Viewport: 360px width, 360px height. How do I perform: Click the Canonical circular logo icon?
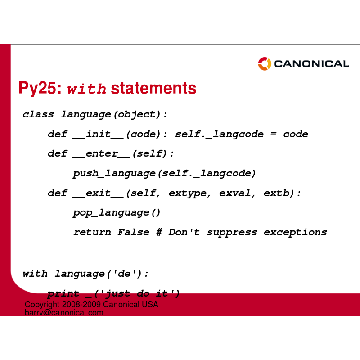click(x=265, y=64)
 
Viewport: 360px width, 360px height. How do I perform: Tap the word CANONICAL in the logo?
click(x=311, y=64)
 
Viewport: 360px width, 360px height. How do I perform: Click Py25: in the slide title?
click(x=40, y=88)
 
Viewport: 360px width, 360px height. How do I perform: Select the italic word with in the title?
click(x=87, y=89)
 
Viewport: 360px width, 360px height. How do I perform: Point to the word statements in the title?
click(x=153, y=88)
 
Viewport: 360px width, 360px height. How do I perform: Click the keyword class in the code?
click(x=38, y=114)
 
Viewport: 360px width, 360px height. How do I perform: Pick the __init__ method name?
click(x=98, y=134)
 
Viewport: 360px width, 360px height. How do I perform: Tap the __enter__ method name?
click(x=101, y=154)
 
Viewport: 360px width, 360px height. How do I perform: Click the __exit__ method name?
click(x=98, y=193)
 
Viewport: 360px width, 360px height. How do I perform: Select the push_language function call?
click(x=114, y=174)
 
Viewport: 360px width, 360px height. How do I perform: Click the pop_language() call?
click(x=117, y=213)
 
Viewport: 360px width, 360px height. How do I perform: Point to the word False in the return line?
click(x=133, y=232)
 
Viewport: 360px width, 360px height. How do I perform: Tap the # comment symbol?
click(x=159, y=232)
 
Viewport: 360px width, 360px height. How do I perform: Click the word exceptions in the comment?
click(x=295, y=233)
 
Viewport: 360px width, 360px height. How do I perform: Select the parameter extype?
click(x=188, y=193)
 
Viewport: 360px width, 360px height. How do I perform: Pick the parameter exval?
click(x=235, y=193)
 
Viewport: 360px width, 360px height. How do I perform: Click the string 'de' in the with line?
click(x=124, y=273)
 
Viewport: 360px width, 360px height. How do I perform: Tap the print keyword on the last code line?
click(x=63, y=294)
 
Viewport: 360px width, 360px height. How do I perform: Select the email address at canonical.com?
click(x=64, y=312)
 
